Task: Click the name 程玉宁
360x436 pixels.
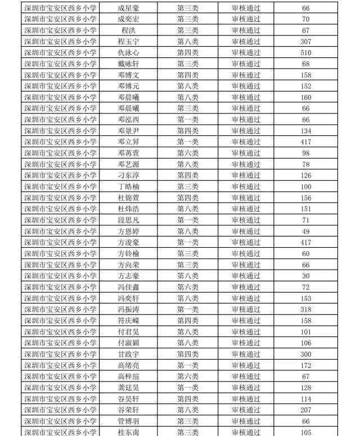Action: point(128,42)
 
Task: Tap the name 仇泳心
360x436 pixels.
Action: point(128,53)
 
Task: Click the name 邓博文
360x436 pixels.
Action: point(128,75)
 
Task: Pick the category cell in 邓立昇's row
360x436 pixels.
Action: point(188,142)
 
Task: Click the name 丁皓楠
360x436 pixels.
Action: point(128,186)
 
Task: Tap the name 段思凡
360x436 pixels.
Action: point(128,220)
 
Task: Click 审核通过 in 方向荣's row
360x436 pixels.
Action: point(246,265)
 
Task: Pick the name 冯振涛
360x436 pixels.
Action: point(128,309)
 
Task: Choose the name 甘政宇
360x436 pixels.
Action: point(128,354)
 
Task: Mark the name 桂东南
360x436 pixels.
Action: point(128,432)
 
